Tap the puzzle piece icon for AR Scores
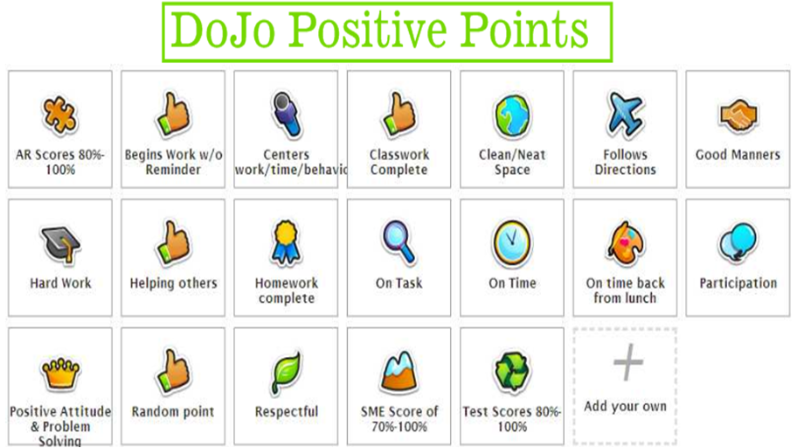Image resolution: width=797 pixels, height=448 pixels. [x=59, y=115]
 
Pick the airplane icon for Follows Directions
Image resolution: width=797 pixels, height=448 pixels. [x=625, y=114]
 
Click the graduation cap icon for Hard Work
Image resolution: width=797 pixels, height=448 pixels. [x=59, y=244]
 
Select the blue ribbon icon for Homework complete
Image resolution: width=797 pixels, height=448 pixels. [x=286, y=242]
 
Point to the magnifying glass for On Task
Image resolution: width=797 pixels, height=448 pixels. [x=399, y=241]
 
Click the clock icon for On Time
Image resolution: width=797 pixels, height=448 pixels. [x=512, y=242]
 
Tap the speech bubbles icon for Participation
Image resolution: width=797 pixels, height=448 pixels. [x=738, y=243]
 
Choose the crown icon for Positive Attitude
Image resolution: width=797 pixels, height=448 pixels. [x=59, y=373]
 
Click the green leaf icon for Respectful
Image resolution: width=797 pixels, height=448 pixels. [x=286, y=373]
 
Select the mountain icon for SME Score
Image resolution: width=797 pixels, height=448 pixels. [x=399, y=371]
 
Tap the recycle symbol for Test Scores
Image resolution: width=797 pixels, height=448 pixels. [x=512, y=372]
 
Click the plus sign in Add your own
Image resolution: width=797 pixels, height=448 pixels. [x=625, y=363]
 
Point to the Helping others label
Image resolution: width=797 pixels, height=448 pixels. [x=173, y=283]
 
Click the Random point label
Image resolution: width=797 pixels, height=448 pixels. [x=173, y=411]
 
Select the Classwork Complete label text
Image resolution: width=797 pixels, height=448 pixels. [x=399, y=162]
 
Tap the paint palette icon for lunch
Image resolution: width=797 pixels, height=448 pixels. [x=625, y=242]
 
